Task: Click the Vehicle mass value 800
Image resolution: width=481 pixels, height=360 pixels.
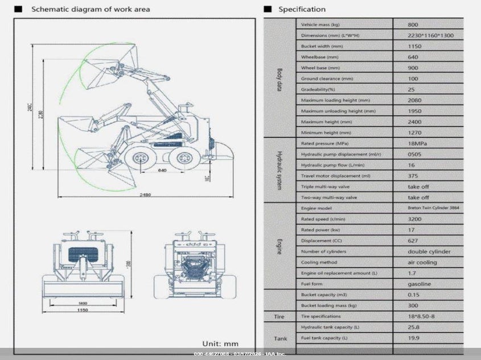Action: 413,24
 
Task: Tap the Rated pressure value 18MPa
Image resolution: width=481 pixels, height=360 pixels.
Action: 418,143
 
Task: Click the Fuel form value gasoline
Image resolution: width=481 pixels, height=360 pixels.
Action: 419,284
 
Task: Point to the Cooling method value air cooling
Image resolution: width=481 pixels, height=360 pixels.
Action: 422,262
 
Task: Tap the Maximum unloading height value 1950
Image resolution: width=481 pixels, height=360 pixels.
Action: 416,111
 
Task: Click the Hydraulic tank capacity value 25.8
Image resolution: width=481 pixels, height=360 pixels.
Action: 414,327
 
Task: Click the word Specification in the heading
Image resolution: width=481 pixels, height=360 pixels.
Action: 302,9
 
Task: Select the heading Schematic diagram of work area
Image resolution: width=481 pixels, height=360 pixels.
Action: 91,9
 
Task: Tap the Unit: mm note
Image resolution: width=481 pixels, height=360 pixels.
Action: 220,343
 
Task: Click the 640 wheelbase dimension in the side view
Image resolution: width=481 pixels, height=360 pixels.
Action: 162,170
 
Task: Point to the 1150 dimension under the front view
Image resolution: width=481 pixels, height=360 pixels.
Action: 84,311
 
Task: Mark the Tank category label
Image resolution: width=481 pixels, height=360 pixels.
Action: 281,338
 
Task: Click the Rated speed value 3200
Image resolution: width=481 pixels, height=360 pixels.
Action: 415,219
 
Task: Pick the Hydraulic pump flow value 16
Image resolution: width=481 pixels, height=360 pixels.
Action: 412,165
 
